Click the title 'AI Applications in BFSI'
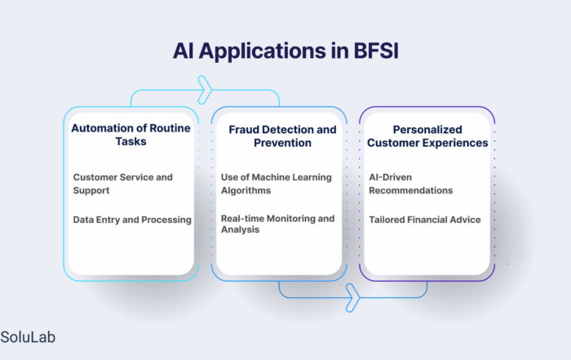[x=285, y=51]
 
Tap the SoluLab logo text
[x=28, y=337]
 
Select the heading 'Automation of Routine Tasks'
[x=131, y=135]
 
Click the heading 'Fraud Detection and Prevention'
[x=282, y=136]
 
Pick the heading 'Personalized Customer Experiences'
[x=427, y=136]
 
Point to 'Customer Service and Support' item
[x=122, y=184]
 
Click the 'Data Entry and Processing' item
[x=132, y=220]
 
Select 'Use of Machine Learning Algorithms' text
[x=277, y=184]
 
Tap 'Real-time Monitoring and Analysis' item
[x=277, y=224]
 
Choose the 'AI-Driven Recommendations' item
[x=411, y=184]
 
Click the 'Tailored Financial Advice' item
[x=425, y=220]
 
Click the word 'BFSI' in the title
[x=376, y=51]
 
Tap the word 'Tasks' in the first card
[x=131, y=141]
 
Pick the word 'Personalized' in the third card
[x=427, y=130]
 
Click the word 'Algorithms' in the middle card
[x=246, y=190]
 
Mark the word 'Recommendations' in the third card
[x=411, y=190]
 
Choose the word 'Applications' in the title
[x=262, y=51]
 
